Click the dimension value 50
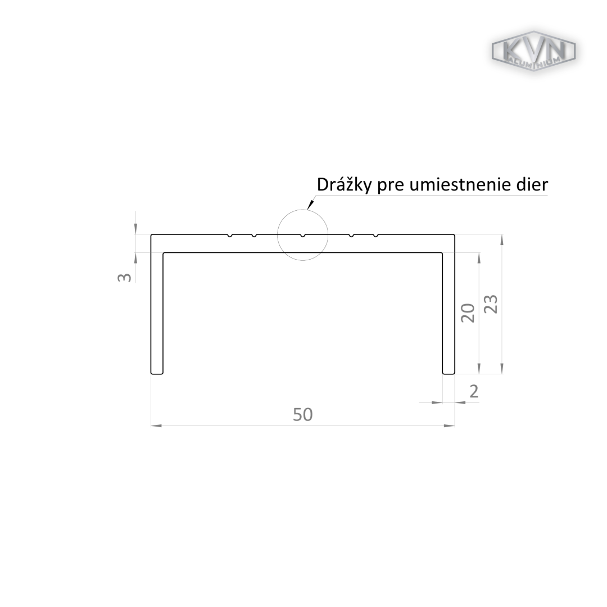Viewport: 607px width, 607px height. (x=303, y=415)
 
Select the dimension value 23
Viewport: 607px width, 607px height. (x=491, y=304)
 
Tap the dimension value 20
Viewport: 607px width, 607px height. (x=468, y=313)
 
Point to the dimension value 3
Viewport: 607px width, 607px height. (x=124, y=277)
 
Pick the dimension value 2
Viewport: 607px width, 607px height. (x=474, y=392)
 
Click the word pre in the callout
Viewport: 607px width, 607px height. (x=391, y=187)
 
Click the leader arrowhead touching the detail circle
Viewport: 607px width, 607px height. (x=310, y=205)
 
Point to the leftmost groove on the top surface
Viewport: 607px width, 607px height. (x=230, y=235)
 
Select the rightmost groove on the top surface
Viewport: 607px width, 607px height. (x=375, y=235)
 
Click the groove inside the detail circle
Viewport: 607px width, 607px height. (x=303, y=235)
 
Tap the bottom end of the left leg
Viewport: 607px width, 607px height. (x=157, y=374)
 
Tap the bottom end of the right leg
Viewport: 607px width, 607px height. (x=449, y=374)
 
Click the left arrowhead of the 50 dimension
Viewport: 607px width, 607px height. (x=156, y=426)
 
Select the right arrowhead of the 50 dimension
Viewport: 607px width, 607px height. (x=449, y=426)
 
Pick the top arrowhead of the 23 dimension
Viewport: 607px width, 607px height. (x=502, y=240)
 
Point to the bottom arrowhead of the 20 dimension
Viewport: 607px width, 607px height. (x=479, y=369)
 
